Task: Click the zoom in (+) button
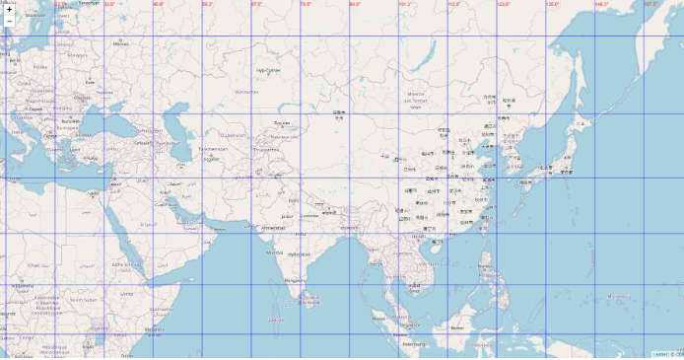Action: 9,8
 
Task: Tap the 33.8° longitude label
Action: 109,4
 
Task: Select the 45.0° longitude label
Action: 159,4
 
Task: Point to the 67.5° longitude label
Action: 257,4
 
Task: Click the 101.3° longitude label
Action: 405,4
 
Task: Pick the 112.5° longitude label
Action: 454,4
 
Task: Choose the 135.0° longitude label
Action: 553,4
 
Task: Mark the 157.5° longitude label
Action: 650,4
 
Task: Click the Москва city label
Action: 121,43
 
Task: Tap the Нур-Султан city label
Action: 267,70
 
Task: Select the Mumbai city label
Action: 275,252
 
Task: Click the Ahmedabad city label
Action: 273,227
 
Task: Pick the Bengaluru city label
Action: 293,280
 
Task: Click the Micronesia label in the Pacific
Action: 619,296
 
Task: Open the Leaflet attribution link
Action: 659,354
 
